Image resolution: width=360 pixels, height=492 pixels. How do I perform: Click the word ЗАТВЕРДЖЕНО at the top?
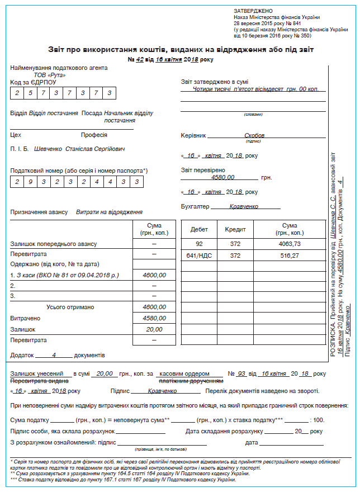click(253, 11)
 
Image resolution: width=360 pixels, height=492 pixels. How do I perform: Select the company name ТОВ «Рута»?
click(50, 75)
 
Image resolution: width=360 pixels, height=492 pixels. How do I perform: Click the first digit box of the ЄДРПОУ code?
click(17, 93)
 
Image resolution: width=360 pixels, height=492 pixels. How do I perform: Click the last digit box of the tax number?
click(137, 182)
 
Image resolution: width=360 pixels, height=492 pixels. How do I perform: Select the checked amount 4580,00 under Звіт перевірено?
click(223, 177)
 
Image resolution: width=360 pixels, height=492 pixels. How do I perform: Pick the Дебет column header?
click(199, 229)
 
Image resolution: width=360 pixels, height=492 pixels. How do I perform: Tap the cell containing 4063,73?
click(289, 244)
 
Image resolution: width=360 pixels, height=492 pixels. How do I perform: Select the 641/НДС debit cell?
click(199, 256)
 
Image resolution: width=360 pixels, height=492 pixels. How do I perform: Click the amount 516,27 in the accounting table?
click(289, 256)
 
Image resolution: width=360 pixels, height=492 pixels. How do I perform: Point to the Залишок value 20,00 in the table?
click(154, 329)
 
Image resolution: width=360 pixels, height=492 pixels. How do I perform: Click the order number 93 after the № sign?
click(241, 373)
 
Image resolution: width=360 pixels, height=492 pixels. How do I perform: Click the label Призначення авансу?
click(39, 212)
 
